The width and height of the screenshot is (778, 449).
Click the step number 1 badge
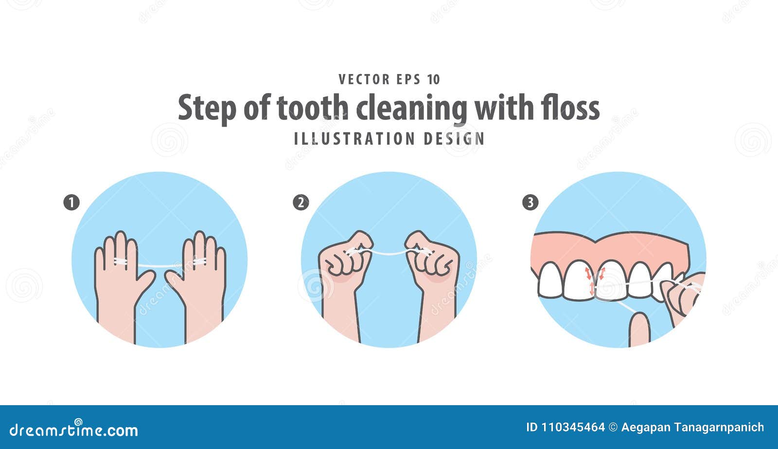71,202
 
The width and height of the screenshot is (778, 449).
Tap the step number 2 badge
301,202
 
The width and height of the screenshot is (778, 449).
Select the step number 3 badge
530,202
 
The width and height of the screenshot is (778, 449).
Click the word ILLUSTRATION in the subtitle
354,139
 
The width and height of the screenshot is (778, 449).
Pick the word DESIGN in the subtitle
454,139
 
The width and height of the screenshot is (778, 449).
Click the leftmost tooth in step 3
550,280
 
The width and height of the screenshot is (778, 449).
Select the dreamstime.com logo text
74,430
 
